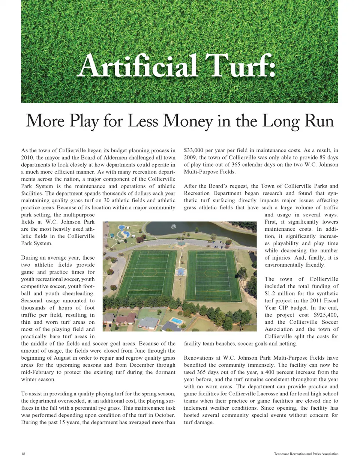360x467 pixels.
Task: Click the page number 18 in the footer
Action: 23,453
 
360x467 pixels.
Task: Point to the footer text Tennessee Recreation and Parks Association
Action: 306,453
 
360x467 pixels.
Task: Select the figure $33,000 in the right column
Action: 193,150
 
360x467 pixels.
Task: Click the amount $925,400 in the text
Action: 325,315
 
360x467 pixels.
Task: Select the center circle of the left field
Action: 150,272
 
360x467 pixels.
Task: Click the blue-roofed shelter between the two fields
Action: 181,271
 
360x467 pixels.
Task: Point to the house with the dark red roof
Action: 126,319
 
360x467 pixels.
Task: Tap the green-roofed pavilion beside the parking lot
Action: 181,243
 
